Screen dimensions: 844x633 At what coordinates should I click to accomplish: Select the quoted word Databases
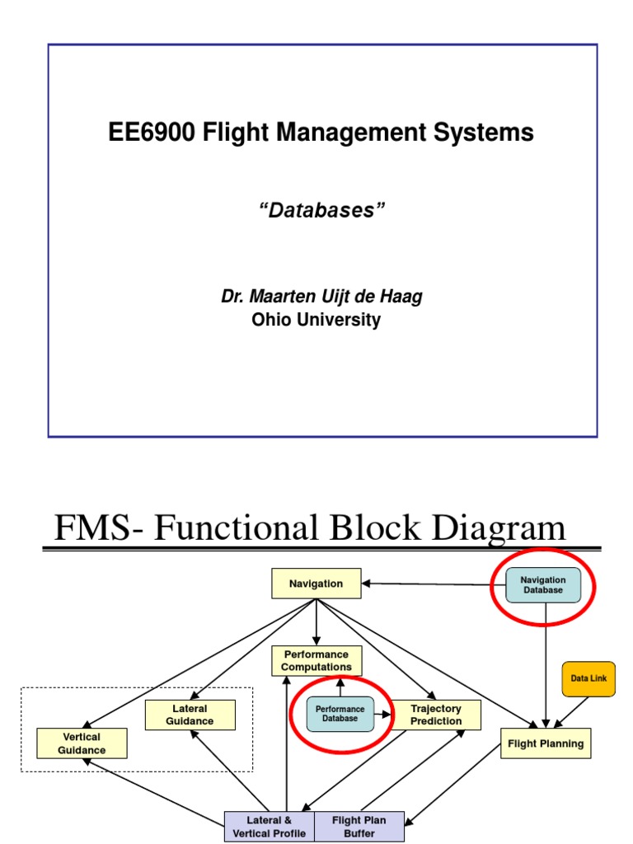tap(321, 210)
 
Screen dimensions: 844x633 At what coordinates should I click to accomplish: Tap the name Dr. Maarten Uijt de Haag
tap(321, 297)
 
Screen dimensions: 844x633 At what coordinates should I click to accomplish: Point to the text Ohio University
tap(316, 320)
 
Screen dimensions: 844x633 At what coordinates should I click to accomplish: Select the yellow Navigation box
tap(316, 584)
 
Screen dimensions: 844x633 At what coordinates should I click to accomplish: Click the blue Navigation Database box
tap(542, 585)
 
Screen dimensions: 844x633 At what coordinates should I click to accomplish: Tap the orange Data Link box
tap(588, 678)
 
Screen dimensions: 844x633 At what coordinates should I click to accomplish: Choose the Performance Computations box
tap(316, 661)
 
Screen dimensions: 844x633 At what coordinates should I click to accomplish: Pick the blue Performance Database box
tap(340, 714)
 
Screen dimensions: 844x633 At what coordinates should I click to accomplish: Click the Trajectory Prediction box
tap(436, 715)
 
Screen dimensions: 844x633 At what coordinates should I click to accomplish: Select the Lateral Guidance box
tap(190, 715)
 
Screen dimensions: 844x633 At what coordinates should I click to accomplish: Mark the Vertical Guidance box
tap(82, 743)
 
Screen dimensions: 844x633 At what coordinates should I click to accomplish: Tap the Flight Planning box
tap(545, 743)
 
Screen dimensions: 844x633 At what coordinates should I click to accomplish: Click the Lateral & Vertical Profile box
tap(270, 827)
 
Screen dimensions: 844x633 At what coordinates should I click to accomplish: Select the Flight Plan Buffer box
tap(359, 827)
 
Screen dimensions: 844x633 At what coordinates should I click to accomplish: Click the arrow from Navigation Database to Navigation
tap(433, 584)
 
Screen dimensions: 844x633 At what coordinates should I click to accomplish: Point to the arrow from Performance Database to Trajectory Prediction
tap(382, 715)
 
